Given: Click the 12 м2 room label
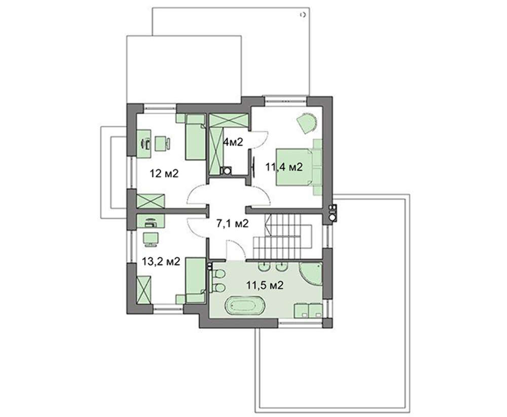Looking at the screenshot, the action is (164, 173).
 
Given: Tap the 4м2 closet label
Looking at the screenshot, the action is (233, 142).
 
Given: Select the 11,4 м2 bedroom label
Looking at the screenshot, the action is (284, 167).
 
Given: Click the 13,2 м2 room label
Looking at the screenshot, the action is (161, 261).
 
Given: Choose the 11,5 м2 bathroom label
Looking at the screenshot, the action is (265, 285).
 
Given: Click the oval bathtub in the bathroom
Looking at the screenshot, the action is (246, 306).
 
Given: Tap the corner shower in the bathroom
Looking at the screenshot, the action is (310, 273).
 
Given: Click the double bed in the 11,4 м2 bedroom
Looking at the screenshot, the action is (294, 167).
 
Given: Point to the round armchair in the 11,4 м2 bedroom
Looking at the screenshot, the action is (307, 122).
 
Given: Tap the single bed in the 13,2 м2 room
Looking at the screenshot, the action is (195, 280).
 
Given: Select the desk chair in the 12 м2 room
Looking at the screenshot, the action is (162, 144).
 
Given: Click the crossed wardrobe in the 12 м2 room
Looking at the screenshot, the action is (151, 201).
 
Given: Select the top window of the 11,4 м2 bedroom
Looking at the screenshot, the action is (285, 100).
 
